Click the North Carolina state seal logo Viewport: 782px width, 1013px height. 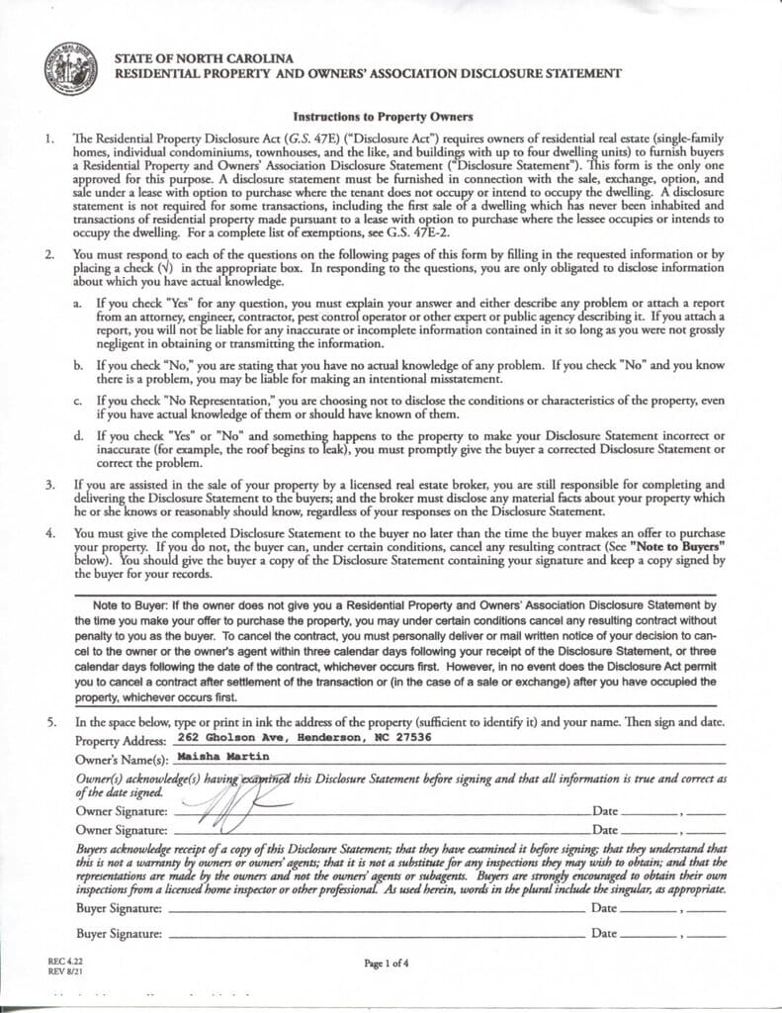point(70,68)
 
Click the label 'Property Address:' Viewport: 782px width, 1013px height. point(121,740)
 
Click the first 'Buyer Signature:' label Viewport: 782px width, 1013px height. point(119,907)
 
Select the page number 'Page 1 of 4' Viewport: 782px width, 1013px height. point(387,964)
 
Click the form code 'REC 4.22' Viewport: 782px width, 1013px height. point(63,961)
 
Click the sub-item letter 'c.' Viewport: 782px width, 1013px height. point(77,401)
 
